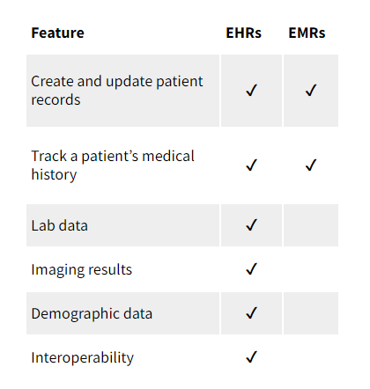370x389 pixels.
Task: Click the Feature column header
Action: pos(57,33)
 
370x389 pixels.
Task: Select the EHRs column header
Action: pos(243,33)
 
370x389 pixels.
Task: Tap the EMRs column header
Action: pos(307,33)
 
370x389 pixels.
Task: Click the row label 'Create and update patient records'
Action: pos(117,91)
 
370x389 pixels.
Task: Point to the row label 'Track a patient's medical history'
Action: pos(113,165)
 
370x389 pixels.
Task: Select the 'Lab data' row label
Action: pos(60,225)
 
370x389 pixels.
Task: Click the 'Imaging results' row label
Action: pos(82,269)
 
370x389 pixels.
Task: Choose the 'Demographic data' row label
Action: pos(92,313)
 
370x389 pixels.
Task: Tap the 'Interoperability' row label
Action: pos(83,357)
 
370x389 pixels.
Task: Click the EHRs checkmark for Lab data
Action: pos(251,225)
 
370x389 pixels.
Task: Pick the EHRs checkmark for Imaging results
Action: pos(251,268)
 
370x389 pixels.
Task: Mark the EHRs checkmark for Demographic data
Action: pos(251,312)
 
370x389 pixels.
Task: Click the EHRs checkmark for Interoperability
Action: pos(251,356)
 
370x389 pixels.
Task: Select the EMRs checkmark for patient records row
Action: pos(311,91)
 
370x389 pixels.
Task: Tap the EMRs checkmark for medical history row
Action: pos(311,165)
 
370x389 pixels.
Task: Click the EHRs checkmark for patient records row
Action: pos(251,91)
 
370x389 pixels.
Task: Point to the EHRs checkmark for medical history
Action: pos(251,165)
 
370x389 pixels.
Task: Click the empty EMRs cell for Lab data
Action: pos(311,225)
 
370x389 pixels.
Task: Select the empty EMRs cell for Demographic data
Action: pos(311,313)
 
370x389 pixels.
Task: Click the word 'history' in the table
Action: pos(54,175)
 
